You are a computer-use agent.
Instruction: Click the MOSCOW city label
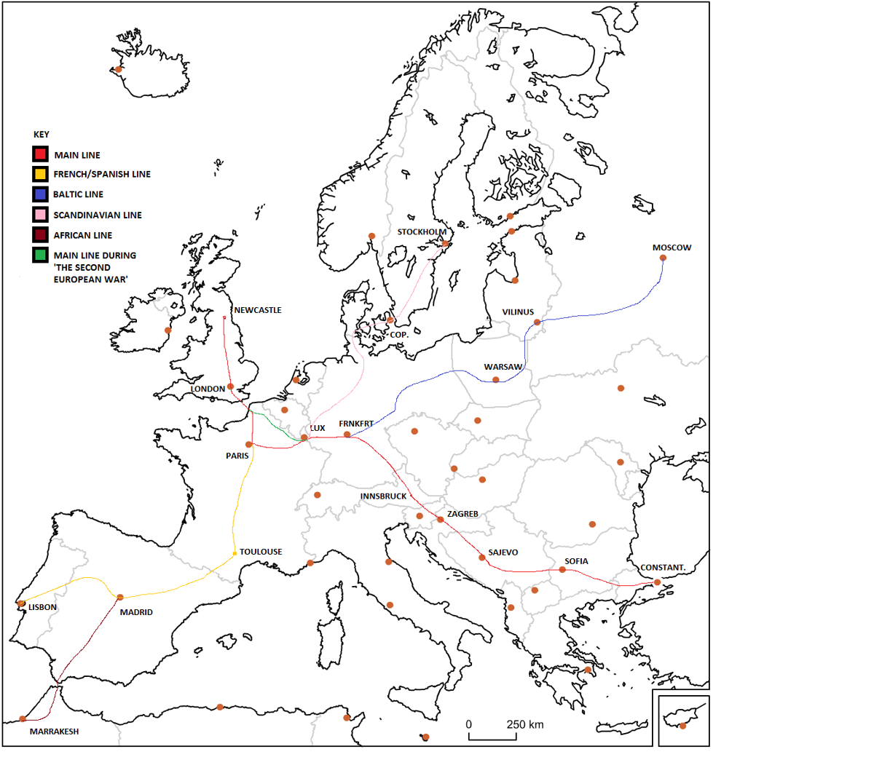point(672,247)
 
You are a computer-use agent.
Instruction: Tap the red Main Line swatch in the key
point(40,154)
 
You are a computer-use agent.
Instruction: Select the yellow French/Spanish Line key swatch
point(40,174)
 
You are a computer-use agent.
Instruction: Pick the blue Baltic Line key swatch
point(40,194)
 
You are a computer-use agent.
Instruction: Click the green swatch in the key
point(40,255)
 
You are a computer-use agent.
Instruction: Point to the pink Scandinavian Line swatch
point(40,215)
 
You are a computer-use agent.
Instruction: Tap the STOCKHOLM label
point(422,232)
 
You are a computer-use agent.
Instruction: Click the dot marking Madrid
point(120,598)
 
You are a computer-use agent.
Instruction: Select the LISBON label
point(42,607)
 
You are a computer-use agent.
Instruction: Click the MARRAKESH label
point(54,732)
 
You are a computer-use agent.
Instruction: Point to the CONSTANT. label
point(663,568)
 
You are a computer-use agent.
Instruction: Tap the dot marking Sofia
point(562,570)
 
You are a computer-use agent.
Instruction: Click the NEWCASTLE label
point(257,310)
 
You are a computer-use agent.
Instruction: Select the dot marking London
point(230,387)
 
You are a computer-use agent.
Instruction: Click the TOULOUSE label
point(261,552)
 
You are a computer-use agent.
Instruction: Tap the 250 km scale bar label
point(525,724)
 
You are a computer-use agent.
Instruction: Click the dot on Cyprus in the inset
point(682,726)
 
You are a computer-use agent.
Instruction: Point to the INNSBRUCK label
point(383,496)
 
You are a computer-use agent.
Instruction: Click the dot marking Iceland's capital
point(119,70)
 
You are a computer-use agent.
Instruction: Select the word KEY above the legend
point(42,135)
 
